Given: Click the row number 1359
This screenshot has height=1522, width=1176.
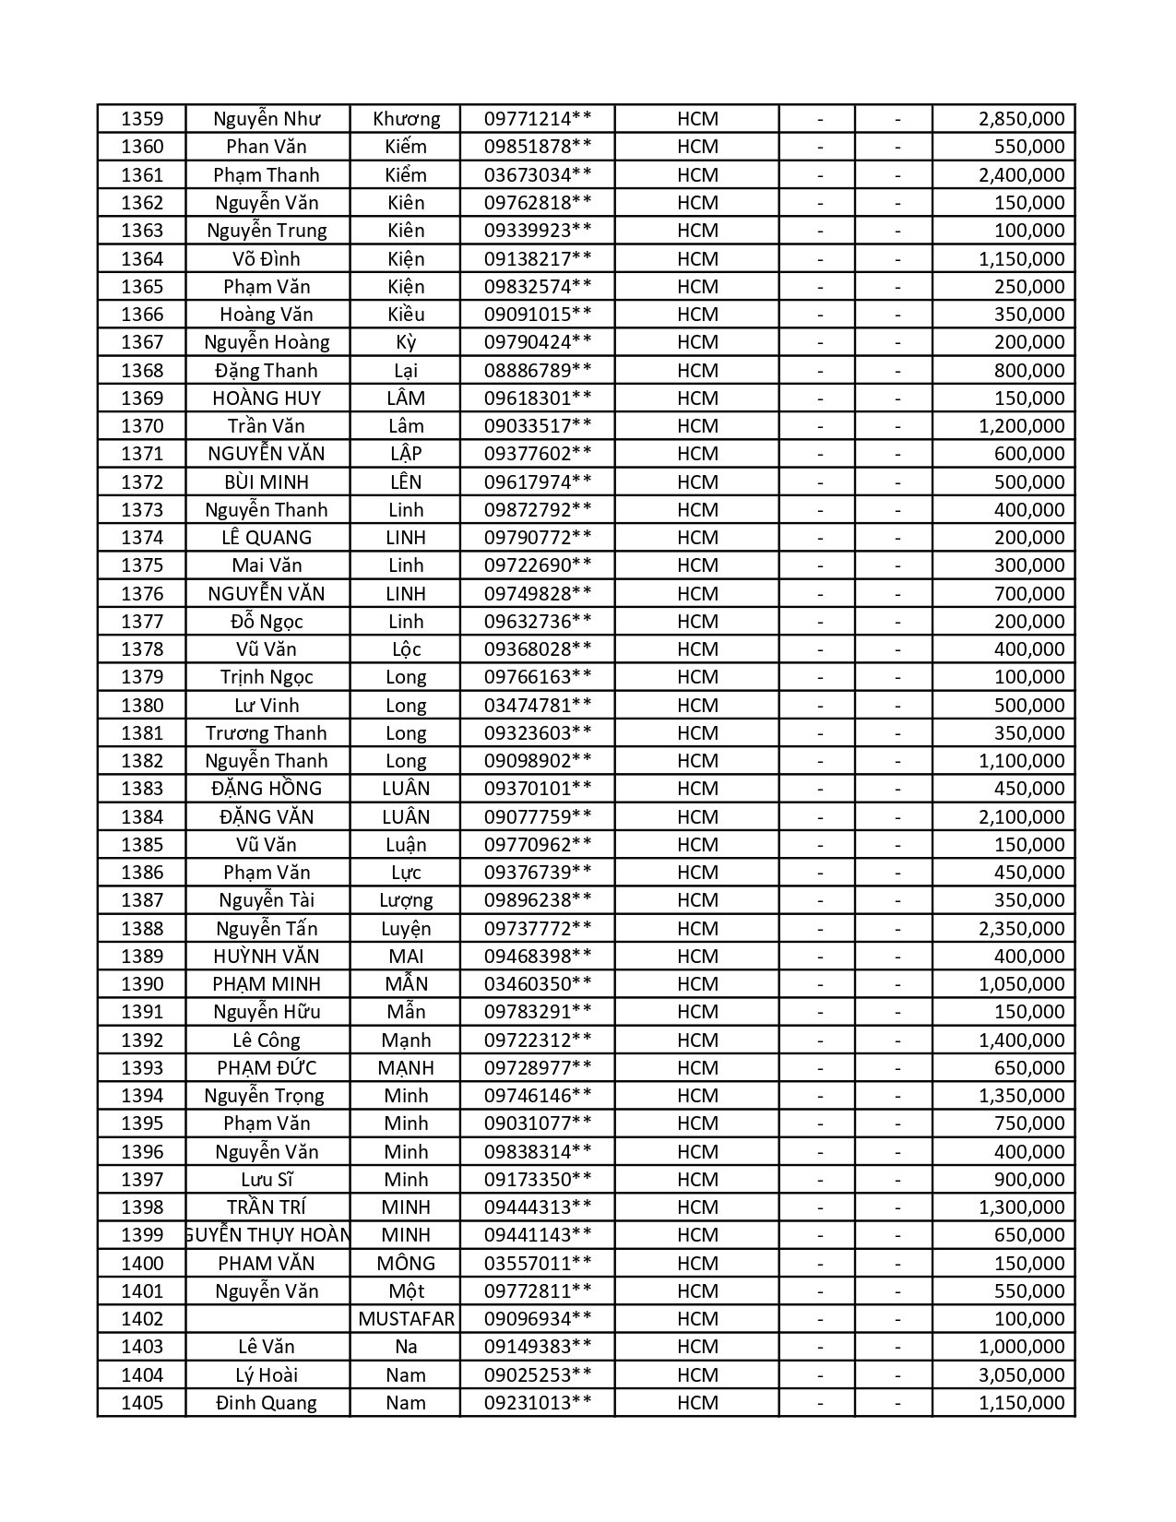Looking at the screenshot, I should (x=142, y=119).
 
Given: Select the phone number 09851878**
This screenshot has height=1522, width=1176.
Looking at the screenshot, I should (x=538, y=147).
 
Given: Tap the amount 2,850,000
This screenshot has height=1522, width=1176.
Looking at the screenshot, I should (x=1021, y=119).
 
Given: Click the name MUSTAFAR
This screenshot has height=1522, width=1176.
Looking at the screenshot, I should (x=406, y=1319).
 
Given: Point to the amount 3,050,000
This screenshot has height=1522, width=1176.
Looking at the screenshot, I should (x=1021, y=1375).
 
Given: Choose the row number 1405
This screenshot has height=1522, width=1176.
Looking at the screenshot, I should (x=142, y=1403).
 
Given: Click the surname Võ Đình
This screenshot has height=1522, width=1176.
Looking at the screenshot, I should (x=267, y=259).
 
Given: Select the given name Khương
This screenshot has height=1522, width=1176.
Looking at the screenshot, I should (x=406, y=119).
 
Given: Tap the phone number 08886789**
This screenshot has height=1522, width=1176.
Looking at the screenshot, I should (x=538, y=371).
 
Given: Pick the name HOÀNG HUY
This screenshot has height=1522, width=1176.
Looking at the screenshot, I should (x=267, y=398).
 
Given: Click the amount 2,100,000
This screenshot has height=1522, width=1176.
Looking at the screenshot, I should (x=1021, y=817).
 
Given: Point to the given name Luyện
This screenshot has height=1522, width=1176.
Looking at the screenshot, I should (x=406, y=929).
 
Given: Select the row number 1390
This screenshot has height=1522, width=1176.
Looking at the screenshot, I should (x=142, y=984).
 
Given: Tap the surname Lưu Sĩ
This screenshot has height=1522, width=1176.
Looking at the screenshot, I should (x=267, y=1180).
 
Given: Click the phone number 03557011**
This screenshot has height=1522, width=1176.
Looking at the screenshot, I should (x=538, y=1264).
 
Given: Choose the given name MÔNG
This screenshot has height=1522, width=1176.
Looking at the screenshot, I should (x=406, y=1264).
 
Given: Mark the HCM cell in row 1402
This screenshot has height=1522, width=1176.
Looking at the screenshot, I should (x=697, y=1319).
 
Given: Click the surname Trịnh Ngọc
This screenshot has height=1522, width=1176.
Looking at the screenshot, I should (x=267, y=677).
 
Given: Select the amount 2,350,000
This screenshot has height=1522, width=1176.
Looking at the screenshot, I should (x=1021, y=929).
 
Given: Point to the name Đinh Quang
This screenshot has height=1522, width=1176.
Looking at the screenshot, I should (x=267, y=1403).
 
